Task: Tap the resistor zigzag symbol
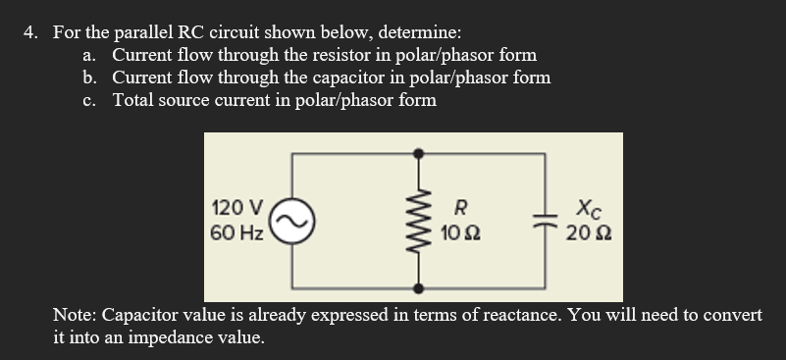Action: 420,222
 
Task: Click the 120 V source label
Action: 236,208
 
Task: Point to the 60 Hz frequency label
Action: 236,233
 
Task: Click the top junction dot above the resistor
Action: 420,154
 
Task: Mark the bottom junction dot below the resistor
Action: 420,288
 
